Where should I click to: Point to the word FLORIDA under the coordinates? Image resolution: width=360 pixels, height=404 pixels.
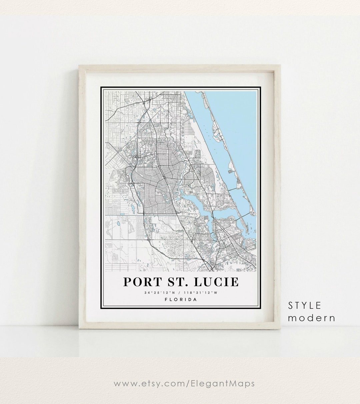(181, 299)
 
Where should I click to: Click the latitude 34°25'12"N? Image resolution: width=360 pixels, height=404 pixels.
(158, 293)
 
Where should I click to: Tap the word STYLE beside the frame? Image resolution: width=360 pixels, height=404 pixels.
(305, 305)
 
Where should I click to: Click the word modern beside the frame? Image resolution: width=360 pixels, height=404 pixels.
(312, 318)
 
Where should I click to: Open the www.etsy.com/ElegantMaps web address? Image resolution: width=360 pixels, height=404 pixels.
(184, 384)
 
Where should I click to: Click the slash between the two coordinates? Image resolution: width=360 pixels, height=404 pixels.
(180, 293)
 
